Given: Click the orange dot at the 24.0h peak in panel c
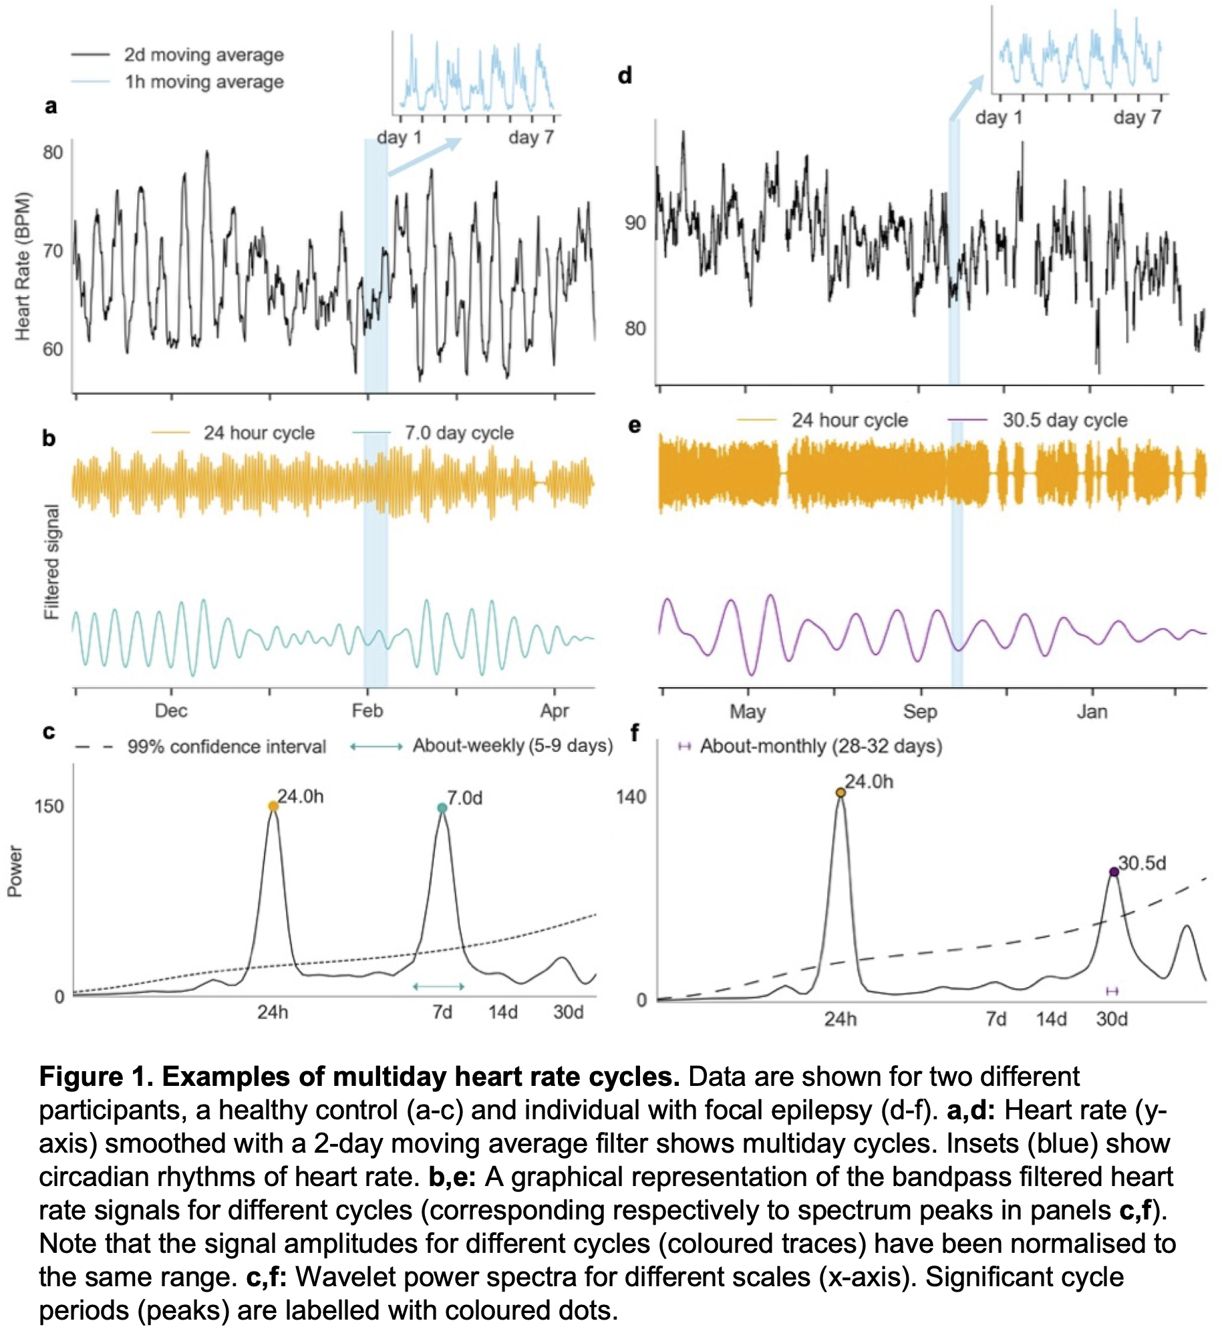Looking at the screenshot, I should tap(273, 806).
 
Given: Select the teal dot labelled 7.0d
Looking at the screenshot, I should tap(442, 808).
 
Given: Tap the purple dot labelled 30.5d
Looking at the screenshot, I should tap(1114, 872).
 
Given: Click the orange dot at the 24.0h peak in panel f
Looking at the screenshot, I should tap(841, 793).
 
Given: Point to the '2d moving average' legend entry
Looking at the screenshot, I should tap(203, 55).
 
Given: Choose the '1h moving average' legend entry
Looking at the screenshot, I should tap(204, 82).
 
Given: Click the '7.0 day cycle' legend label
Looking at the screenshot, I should tap(459, 433).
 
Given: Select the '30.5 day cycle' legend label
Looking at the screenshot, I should tap(1064, 420).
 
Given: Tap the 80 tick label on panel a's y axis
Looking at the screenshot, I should tap(53, 152).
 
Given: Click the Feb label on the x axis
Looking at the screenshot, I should tap(367, 711).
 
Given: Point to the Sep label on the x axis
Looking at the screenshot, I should tap(920, 711).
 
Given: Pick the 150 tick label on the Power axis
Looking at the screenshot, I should tap(49, 806).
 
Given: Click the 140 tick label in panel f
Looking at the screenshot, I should tap(631, 797).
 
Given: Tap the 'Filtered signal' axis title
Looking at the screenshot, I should tap(51, 562).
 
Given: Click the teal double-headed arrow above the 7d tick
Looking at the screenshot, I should tap(439, 986).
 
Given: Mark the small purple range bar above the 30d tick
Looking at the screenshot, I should tap(1112, 991).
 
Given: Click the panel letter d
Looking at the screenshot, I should tap(625, 76).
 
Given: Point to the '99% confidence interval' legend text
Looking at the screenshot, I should tap(226, 747).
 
